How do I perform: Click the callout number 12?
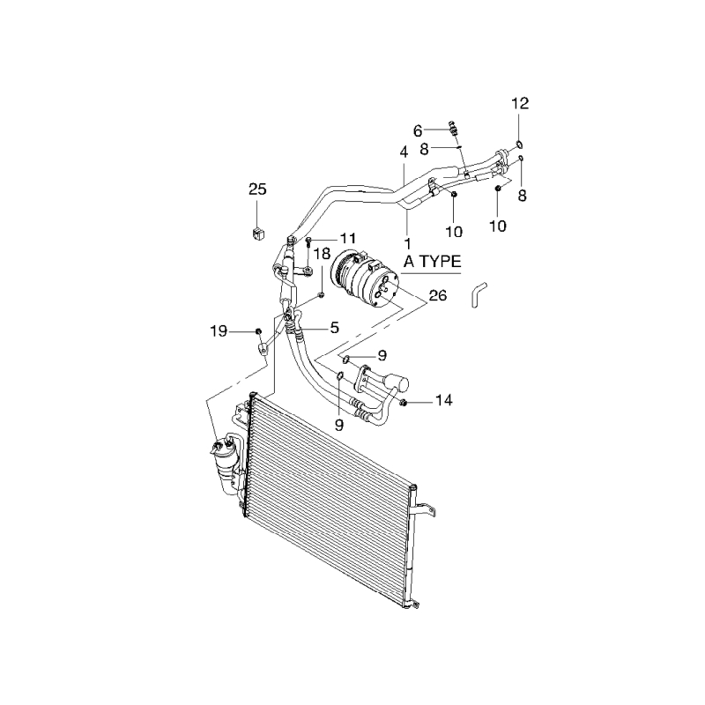click(x=520, y=103)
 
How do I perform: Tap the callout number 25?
click(x=257, y=189)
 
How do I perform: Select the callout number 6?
click(x=418, y=131)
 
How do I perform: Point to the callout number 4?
click(x=404, y=152)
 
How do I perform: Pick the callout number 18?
click(x=322, y=254)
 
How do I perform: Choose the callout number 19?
click(x=219, y=332)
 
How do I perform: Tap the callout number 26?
click(x=438, y=295)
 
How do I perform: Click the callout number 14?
click(x=443, y=400)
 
